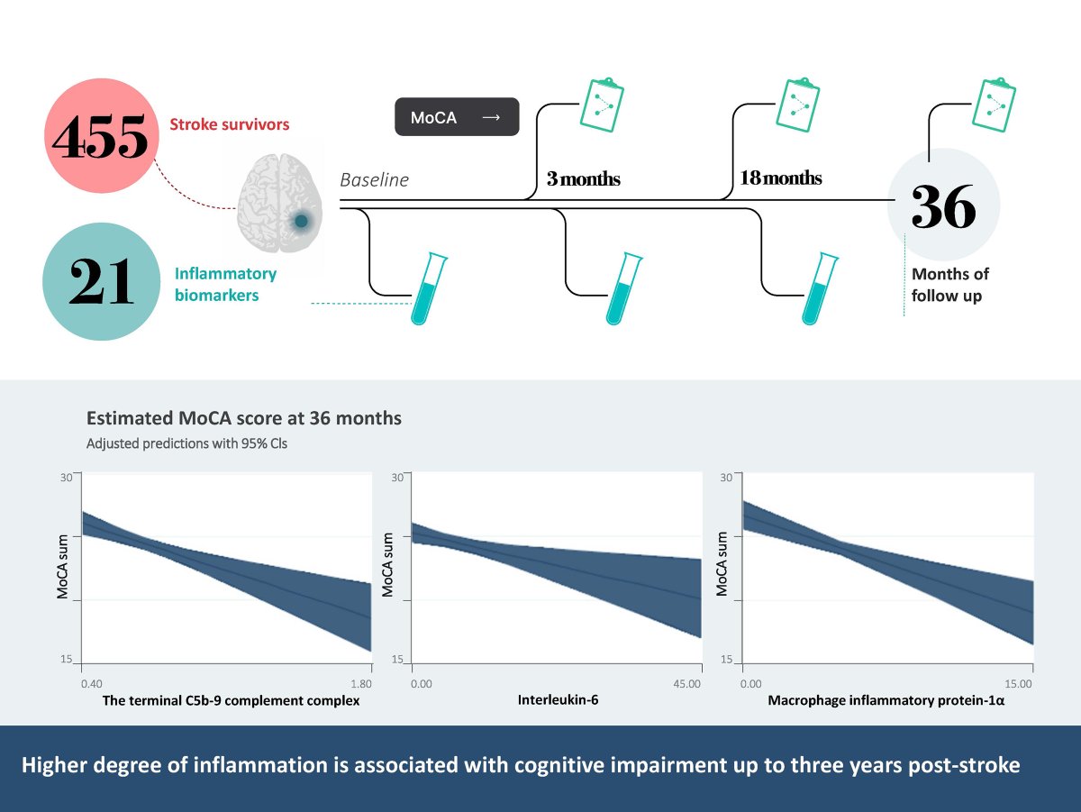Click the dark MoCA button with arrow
457,117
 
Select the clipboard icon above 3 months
599,103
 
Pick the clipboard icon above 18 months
795,103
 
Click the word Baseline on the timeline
374,180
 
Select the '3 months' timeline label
583,179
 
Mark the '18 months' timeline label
780,178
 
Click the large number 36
943,208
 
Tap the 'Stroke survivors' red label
230,124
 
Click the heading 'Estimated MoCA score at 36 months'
244,419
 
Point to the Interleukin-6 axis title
559,699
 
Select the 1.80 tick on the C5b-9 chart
360,684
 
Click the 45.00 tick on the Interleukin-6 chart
687,684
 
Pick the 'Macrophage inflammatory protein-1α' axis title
886,699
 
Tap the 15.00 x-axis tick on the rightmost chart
1018,684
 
